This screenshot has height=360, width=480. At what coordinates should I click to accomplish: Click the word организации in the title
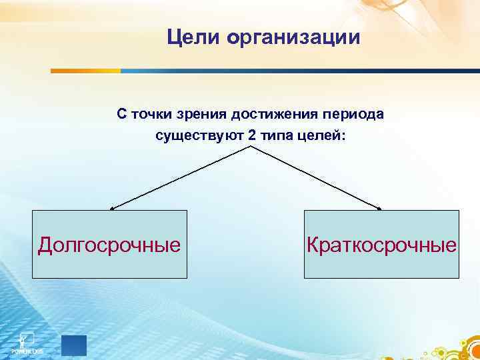tap(294, 38)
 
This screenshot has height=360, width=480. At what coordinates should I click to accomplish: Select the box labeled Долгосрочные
tap(109, 244)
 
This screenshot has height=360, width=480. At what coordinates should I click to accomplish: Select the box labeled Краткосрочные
tap(381, 244)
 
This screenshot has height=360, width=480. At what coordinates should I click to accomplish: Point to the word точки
tap(151, 114)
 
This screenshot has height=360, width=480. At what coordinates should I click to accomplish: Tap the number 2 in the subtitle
tap(251, 135)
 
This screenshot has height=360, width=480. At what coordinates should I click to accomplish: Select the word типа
tap(275, 135)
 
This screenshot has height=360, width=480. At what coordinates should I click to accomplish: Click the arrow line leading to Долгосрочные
tap(180, 177)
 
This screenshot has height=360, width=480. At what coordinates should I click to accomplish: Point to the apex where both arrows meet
tap(250, 147)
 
